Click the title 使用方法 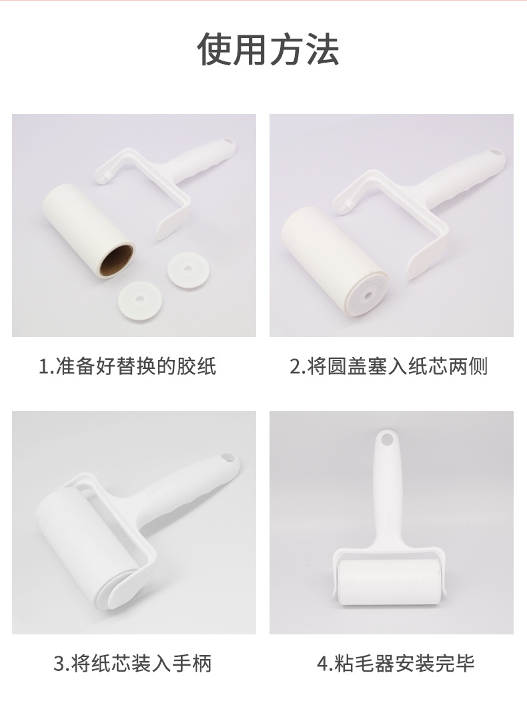tap(268, 49)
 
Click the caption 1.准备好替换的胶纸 tap(127, 366)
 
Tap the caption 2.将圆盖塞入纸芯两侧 tap(388, 366)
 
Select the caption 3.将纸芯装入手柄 tap(133, 663)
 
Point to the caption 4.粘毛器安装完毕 tap(396, 663)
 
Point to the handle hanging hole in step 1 tap(229, 142)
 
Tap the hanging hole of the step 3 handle tap(226, 459)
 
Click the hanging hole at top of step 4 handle tap(385, 440)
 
